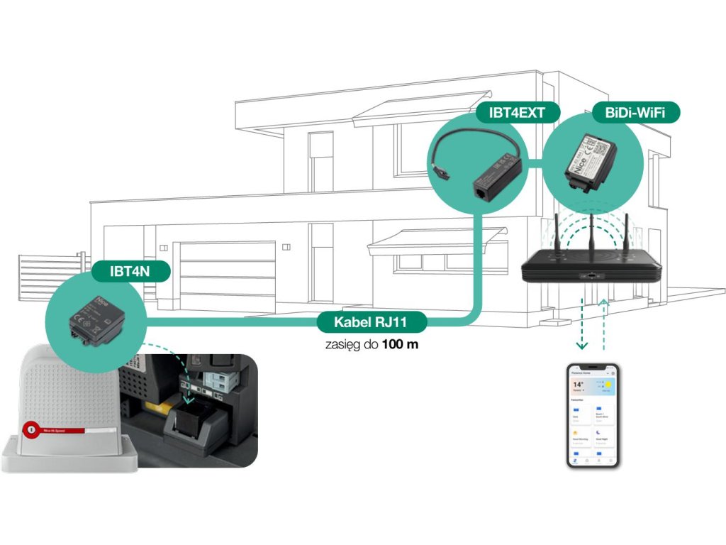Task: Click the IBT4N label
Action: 130,270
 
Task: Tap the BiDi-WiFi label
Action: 635,113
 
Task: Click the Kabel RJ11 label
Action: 372,322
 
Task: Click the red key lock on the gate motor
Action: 30,430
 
